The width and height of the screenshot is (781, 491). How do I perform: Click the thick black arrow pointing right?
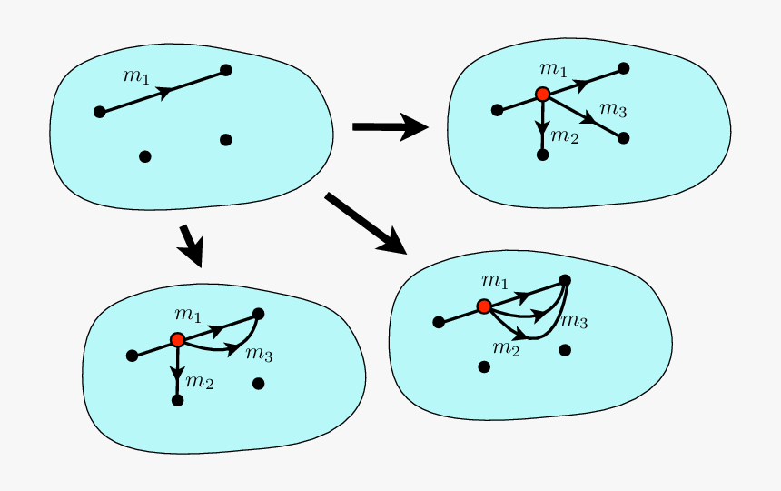(x=390, y=126)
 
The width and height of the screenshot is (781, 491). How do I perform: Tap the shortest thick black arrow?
(x=192, y=245)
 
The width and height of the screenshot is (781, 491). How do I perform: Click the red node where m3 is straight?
(x=542, y=95)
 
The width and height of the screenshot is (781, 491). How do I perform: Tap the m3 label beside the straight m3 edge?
(x=613, y=111)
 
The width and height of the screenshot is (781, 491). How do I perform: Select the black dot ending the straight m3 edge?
(x=624, y=138)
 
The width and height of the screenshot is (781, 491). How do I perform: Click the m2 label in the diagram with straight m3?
(x=564, y=137)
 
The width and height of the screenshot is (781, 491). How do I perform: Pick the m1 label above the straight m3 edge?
(x=552, y=69)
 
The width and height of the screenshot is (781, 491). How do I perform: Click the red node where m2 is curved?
(x=484, y=306)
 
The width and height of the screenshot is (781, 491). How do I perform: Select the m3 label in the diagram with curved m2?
(x=574, y=321)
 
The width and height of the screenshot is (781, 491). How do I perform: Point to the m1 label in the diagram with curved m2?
(x=495, y=280)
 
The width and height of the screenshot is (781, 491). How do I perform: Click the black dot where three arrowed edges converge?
(x=565, y=280)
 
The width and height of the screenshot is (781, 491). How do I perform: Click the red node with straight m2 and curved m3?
(x=177, y=339)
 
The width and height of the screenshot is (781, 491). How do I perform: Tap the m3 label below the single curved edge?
(x=259, y=354)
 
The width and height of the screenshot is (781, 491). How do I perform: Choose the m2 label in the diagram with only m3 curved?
(x=199, y=382)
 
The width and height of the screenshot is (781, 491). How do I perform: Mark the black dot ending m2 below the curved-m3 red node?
(x=177, y=400)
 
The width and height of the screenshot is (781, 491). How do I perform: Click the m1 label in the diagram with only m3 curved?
(x=188, y=315)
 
